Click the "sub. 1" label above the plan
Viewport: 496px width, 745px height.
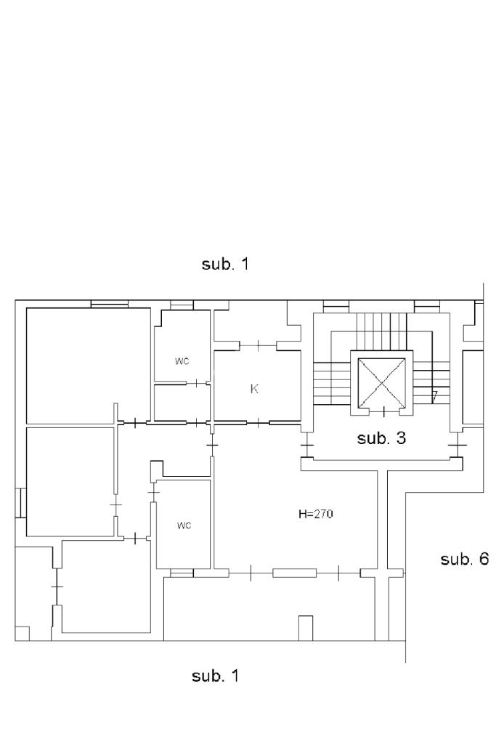225,264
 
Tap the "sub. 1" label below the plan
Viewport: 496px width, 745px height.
215,675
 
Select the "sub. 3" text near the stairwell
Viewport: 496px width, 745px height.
381,438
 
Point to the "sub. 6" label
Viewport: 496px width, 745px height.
464,559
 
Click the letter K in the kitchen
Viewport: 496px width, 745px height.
254,389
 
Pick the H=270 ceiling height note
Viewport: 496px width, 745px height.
316,514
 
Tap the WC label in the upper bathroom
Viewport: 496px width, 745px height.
182,361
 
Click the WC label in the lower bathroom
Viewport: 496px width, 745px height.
184,525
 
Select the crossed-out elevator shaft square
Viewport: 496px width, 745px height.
382,383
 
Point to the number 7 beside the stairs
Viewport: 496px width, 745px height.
434,396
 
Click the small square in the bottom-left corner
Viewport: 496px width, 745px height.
22,633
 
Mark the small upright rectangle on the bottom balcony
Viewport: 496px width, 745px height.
305,628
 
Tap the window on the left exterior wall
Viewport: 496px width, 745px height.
20,503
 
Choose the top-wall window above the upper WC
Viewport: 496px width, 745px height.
182,305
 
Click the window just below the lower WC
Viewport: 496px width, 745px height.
182,573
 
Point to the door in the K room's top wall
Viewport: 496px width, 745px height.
259,345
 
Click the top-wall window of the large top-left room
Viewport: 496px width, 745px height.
110,304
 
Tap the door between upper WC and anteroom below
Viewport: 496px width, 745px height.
197,383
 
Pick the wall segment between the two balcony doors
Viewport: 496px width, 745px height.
294,573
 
